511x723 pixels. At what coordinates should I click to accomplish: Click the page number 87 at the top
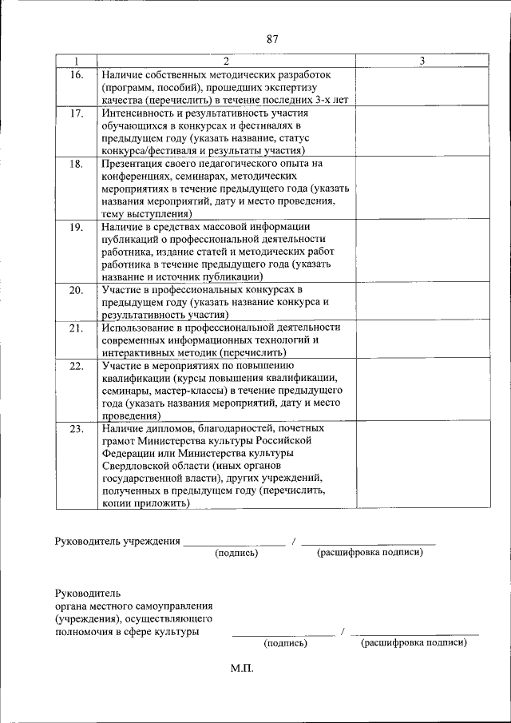coord(272,39)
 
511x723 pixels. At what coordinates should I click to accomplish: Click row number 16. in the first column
coord(76,75)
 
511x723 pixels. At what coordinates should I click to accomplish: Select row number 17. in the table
coord(76,113)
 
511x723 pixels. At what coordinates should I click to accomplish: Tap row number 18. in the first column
coord(76,164)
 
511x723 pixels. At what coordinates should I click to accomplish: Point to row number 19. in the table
coord(76,227)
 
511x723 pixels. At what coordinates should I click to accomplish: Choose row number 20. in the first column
coord(76,290)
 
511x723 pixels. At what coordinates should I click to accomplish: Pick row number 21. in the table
coord(76,328)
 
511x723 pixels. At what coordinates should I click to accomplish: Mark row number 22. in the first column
coord(76,366)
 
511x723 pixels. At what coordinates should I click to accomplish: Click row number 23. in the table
coord(76,429)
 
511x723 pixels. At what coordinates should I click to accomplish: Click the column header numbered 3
coord(422,61)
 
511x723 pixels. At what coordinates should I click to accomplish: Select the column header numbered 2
coord(226,61)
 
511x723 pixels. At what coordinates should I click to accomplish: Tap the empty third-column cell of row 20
coord(422,302)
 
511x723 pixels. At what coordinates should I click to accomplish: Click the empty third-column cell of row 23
coord(422,467)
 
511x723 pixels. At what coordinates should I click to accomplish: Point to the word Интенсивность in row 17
coord(141,113)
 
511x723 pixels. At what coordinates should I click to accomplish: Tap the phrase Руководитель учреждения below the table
coord(117,542)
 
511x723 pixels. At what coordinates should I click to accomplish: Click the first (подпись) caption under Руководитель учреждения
coord(236,553)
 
